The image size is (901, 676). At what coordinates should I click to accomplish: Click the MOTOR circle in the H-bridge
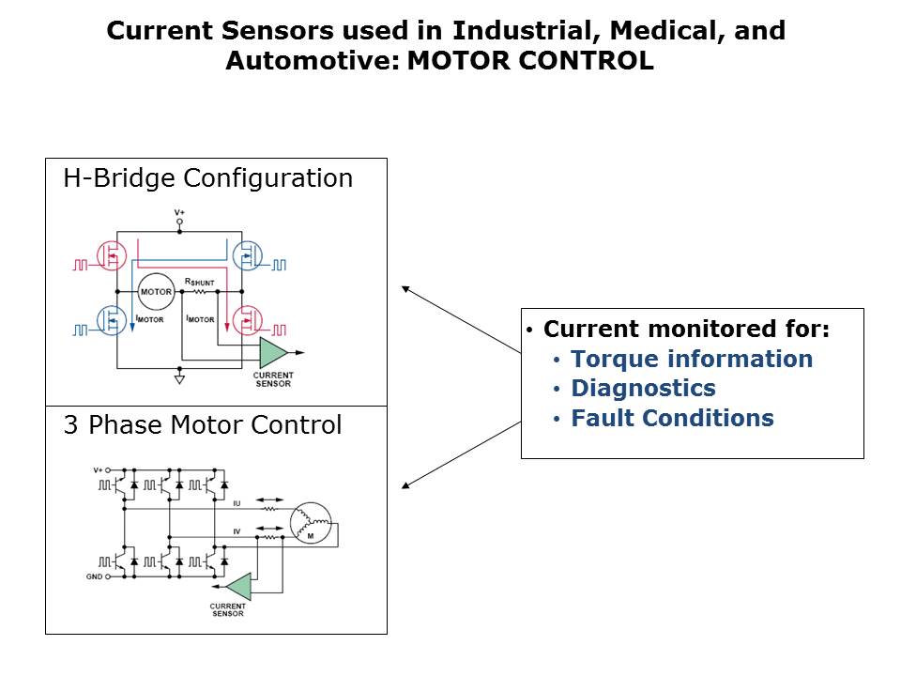[155, 291]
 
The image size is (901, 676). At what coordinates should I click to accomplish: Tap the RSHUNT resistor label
[199, 281]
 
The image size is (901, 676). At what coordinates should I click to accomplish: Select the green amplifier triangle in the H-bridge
[273, 353]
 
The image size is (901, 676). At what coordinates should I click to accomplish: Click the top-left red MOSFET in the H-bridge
[115, 254]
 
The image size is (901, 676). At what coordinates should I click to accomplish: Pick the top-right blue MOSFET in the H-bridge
[246, 254]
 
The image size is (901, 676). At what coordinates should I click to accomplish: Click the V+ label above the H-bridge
[180, 213]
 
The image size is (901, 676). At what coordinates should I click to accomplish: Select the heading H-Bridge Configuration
[207, 178]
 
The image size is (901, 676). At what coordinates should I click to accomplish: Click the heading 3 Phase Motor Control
[202, 425]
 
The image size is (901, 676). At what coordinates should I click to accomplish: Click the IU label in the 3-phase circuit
[237, 504]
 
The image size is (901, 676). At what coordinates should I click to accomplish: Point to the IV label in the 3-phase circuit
[237, 531]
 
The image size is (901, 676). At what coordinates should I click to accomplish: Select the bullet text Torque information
[692, 359]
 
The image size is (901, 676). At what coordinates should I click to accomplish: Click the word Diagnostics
[643, 388]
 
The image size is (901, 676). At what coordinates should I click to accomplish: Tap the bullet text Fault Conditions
[672, 418]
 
